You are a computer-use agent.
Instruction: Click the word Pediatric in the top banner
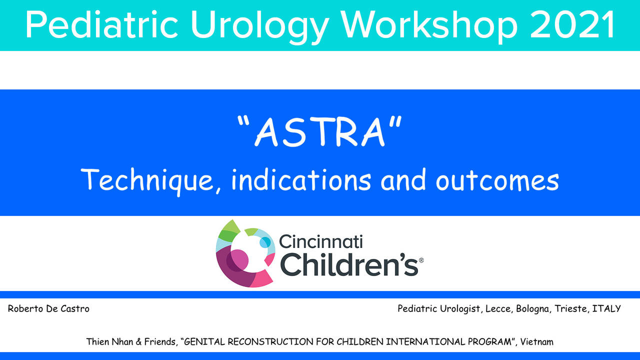pyautogui.click(x=101, y=24)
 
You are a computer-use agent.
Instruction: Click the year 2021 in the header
pyautogui.click(x=572, y=24)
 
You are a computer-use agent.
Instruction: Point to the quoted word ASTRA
pyautogui.click(x=319, y=131)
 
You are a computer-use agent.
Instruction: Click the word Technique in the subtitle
pyautogui.click(x=147, y=181)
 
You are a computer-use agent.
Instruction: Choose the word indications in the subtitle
pyautogui.click(x=301, y=179)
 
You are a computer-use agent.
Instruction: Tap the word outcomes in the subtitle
pyautogui.click(x=497, y=180)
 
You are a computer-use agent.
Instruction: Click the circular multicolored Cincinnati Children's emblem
pyautogui.click(x=245, y=253)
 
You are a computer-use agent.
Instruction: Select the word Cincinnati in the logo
pyautogui.click(x=321, y=241)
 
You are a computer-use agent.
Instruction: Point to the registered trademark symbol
pyautogui.click(x=421, y=260)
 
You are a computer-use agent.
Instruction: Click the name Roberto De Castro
pyautogui.click(x=48, y=309)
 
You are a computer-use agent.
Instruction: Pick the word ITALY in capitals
pyautogui.click(x=606, y=308)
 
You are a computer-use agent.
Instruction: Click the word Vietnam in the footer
pyautogui.click(x=536, y=342)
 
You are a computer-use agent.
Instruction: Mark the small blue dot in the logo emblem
pyautogui.click(x=265, y=242)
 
